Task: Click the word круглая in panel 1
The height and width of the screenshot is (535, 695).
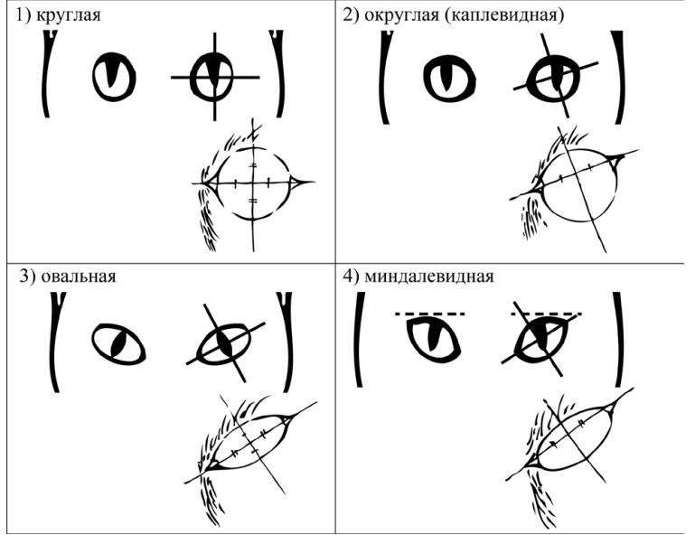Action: click(x=69, y=15)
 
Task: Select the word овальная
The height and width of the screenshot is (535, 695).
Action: click(x=79, y=277)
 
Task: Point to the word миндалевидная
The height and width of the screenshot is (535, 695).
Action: click(x=429, y=277)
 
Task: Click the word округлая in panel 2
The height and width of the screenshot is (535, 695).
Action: click(x=401, y=16)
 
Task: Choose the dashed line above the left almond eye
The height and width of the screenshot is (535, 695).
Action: click(x=430, y=314)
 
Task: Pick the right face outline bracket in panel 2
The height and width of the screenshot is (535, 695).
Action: click(x=619, y=77)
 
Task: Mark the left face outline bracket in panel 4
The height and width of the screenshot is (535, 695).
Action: click(x=359, y=340)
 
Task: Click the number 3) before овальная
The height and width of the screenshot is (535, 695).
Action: click(x=27, y=277)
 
